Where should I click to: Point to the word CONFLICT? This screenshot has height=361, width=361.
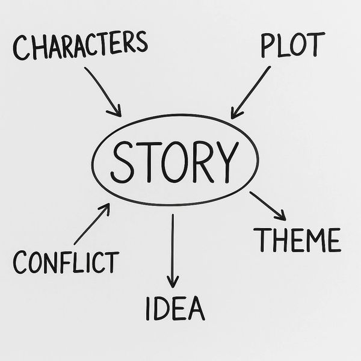tap(66, 262)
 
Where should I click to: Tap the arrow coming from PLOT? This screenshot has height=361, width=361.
tap(251, 91)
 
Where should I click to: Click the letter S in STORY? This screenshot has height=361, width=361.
tap(124, 162)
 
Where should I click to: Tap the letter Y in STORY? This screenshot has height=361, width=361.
tap(220, 162)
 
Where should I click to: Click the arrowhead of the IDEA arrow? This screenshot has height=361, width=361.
tap(173, 281)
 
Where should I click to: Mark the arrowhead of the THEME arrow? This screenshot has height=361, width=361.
tap(282, 215)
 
